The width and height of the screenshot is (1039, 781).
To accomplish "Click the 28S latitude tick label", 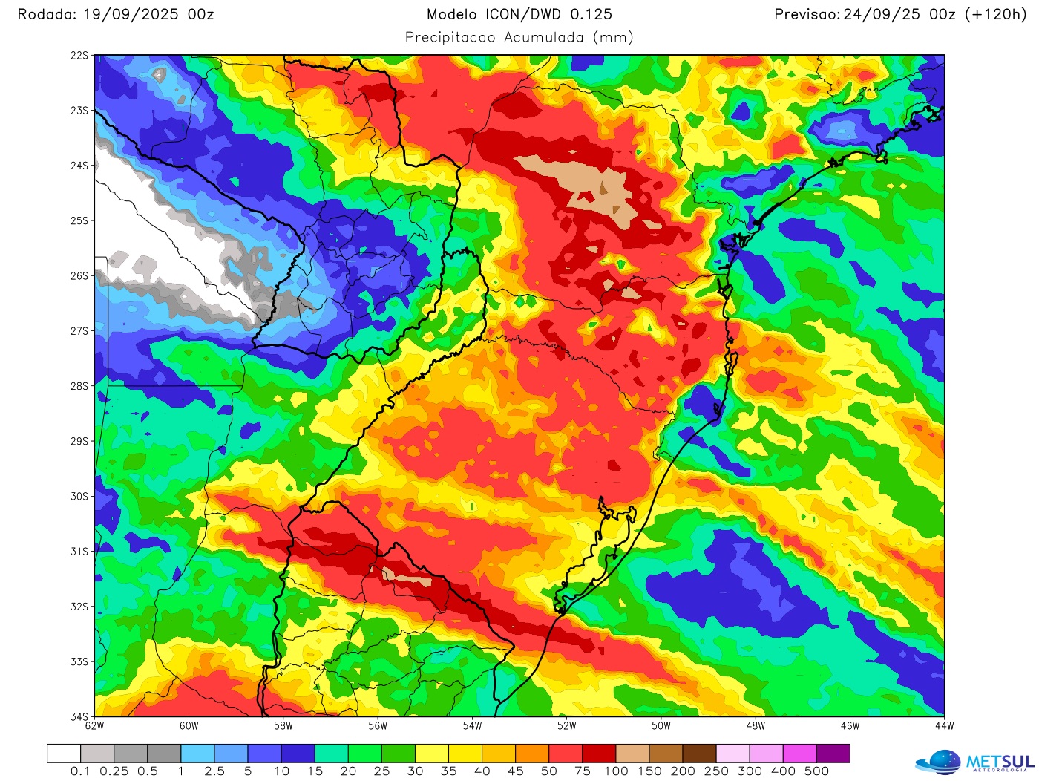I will point(79,386).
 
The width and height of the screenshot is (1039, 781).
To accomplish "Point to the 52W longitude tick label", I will point(566,726).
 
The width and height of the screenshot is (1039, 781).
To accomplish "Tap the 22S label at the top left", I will point(79,56).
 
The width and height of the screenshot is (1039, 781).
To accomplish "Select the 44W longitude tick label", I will point(944,726).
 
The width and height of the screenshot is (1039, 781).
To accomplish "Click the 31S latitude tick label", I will point(79,552).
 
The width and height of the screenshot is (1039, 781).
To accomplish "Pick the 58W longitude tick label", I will point(283,726).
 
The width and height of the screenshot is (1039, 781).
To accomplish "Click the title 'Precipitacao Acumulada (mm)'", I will point(519,37).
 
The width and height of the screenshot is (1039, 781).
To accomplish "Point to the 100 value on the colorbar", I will point(616,771).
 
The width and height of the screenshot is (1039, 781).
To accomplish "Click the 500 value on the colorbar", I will point(816,771).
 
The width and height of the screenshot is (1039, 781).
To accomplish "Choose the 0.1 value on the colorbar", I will point(80,771).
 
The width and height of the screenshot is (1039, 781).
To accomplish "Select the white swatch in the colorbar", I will point(64,754).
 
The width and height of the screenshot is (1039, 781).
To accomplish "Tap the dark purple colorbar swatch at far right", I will point(833,754).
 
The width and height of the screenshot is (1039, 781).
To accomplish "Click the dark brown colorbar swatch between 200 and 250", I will point(699,754).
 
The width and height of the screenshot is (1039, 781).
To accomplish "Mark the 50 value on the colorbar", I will point(549,771).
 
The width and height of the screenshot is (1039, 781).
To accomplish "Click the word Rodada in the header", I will point(44,14).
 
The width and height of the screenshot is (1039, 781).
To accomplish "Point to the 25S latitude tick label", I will point(79,221).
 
